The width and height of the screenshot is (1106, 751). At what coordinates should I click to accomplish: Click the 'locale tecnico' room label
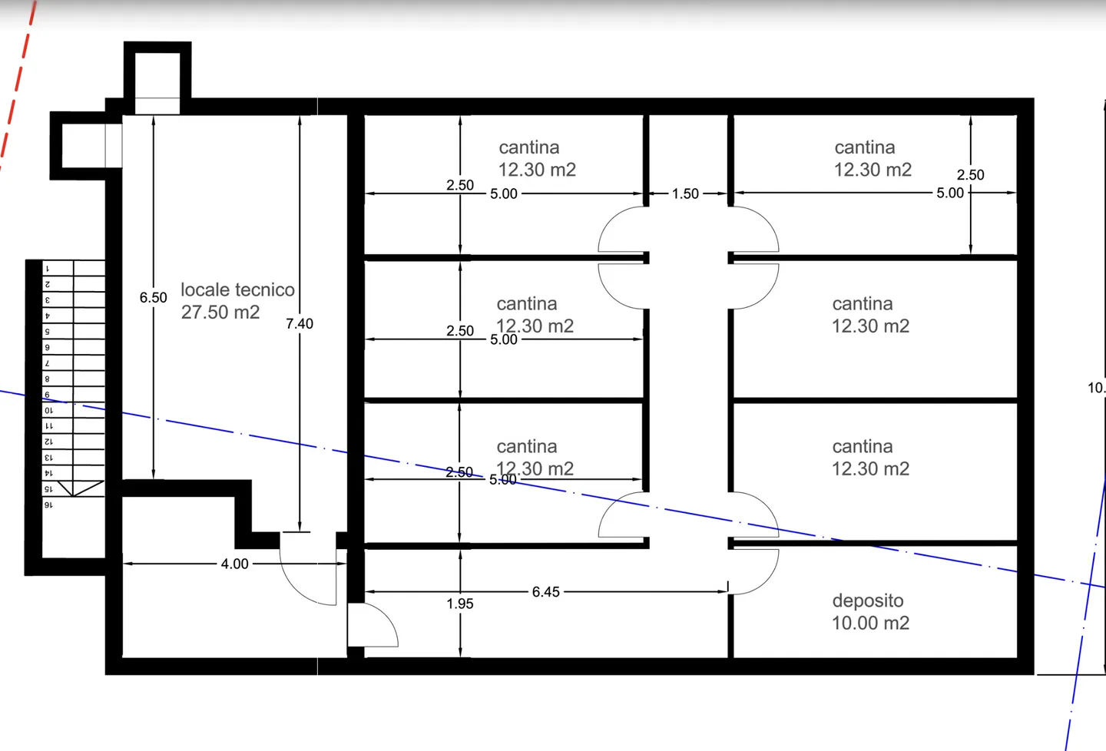(237, 289)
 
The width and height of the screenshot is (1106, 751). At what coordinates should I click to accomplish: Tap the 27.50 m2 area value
(220, 313)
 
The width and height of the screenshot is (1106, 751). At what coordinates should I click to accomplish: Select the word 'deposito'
(867, 600)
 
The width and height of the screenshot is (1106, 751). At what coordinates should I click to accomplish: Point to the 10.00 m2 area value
(870, 623)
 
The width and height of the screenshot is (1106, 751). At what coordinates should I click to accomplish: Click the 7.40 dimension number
(300, 324)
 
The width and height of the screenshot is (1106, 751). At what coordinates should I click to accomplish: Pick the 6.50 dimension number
(153, 298)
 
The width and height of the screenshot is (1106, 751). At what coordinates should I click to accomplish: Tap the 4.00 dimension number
(234, 564)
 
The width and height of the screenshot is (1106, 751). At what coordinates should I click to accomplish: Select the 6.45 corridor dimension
(545, 592)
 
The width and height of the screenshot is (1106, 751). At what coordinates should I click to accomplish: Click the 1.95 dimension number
(460, 604)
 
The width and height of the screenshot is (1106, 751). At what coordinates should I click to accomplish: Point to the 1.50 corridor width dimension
(685, 194)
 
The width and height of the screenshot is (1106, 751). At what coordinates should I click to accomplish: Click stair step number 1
(48, 269)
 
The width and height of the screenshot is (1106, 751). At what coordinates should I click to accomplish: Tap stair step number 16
(48, 505)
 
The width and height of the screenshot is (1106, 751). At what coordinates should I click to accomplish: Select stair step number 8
(48, 379)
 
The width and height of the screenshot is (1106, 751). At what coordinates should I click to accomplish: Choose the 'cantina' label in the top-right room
(864, 147)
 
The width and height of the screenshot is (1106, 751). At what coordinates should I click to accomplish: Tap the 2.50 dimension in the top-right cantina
(970, 175)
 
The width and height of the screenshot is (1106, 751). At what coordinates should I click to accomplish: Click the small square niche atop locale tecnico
(157, 75)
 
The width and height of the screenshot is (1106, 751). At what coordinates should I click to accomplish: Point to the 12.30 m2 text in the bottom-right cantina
(870, 469)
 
